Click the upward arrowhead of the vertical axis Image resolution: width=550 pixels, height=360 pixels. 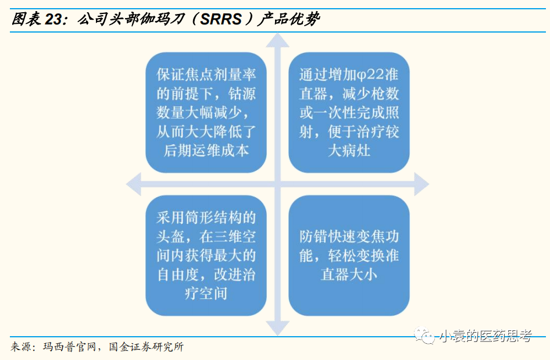(x=278, y=40)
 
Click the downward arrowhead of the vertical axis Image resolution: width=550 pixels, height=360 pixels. (x=278, y=329)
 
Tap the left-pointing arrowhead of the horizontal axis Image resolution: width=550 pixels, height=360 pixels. (x=134, y=184)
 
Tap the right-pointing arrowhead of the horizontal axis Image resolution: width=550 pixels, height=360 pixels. (x=422, y=184)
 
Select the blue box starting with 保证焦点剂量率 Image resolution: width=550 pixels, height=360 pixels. (x=206, y=112)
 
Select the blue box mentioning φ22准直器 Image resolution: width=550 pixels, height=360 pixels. (x=349, y=112)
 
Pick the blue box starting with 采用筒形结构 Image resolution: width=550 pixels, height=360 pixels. (x=206, y=255)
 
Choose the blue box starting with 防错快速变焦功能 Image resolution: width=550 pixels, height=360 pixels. (x=349, y=255)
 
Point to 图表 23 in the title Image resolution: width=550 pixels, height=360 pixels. (x=36, y=20)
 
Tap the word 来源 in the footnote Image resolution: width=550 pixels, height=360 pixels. (x=21, y=347)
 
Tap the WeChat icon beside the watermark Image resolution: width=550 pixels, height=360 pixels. (x=424, y=336)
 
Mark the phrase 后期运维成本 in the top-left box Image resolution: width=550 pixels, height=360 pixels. (x=206, y=150)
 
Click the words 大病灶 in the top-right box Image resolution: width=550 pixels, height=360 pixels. (x=349, y=151)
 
